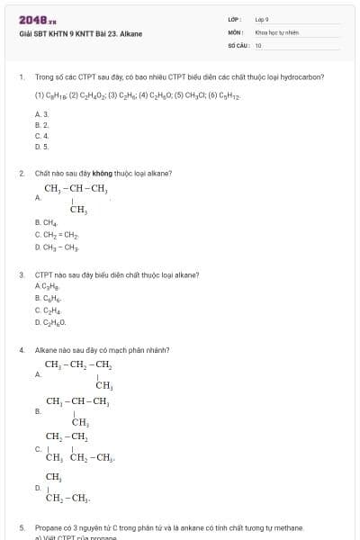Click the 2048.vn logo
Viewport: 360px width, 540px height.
click(x=38, y=20)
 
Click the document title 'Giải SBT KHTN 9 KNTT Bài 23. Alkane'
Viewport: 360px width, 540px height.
click(x=80, y=34)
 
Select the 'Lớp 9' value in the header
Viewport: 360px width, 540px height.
click(x=262, y=19)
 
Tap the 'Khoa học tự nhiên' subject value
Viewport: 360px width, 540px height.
click(x=276, y=31)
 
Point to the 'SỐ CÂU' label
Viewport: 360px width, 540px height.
click(x=237, y=45)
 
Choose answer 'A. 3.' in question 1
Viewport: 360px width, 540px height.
click(x=41, y=114)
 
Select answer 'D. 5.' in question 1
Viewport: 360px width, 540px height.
click(x=41, y=146)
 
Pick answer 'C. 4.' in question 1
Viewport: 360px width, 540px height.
click(x=41, y=135)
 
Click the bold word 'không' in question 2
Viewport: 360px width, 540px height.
click(x=114, y=174)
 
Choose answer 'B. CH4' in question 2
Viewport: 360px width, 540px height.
click(x=46, y=222)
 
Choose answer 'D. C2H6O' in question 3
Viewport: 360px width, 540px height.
click(x=50, y=321)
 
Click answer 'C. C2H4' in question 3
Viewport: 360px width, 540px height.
click(x=47, y=310)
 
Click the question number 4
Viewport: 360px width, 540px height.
click(x=21, y=350)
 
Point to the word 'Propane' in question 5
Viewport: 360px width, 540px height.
click(x=48, y=528)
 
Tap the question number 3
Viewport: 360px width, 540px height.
click(x=21, y=274)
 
